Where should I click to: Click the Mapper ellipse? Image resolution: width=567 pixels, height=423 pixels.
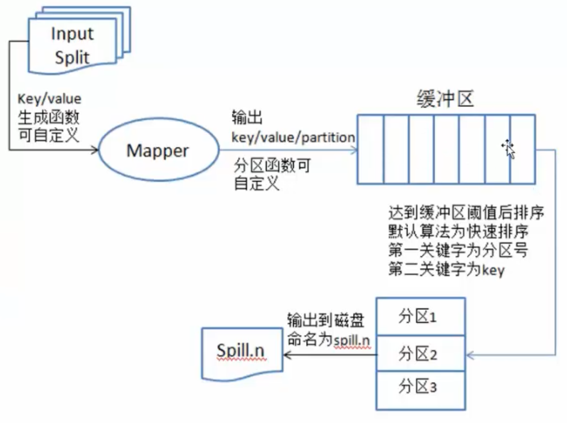[158, 150]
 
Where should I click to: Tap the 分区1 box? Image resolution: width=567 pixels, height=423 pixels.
[420, 317]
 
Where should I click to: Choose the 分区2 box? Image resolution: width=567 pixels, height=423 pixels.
[420, 353]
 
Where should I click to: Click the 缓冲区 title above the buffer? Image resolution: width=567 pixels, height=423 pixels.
[445, 99]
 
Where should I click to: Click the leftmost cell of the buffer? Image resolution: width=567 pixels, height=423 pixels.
[370, 149]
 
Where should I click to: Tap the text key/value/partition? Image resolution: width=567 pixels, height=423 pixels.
[293, 137]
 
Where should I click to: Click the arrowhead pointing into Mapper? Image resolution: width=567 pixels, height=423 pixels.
[95, 150]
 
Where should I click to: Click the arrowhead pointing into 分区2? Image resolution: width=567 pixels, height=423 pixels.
[470, 355]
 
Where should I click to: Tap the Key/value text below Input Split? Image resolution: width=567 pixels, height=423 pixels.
[50, 99]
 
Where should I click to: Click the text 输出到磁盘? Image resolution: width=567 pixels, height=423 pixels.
[325, 320]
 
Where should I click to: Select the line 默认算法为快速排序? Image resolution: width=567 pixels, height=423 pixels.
[458, 232]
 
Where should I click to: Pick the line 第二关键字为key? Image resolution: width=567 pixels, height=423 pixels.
[446, 269]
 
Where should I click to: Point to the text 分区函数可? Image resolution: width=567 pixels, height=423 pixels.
[272, 166]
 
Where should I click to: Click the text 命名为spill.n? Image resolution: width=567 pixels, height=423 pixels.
[328, 340]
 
